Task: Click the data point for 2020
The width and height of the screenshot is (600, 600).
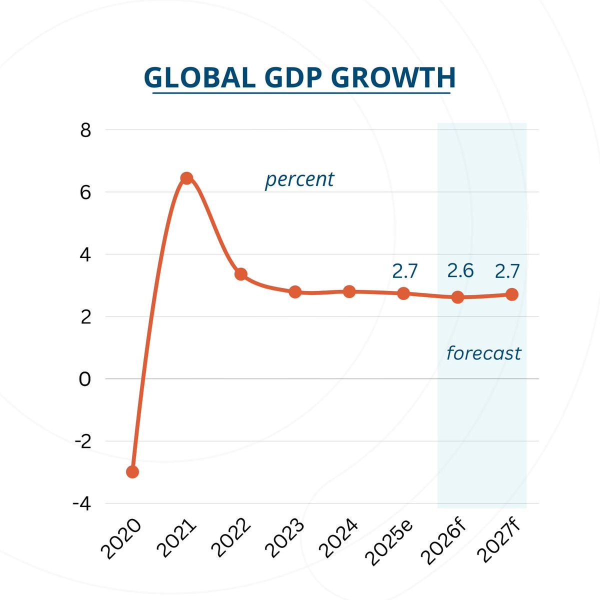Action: pos(132,472)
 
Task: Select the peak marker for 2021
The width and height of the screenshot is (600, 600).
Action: pos(186,178)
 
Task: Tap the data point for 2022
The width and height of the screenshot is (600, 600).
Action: pos(241,274)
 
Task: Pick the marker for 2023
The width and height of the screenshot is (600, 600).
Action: pos(295,292)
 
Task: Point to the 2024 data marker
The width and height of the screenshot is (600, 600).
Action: pos(349,291)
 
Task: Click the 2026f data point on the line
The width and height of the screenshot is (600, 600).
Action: pos(457,297)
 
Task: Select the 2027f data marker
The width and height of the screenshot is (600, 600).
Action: pos(512,294)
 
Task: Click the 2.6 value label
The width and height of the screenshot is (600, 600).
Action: pos(460,270)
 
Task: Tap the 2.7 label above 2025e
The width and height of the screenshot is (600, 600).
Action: pos(405,271)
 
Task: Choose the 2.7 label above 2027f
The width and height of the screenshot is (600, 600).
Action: pos(507,271)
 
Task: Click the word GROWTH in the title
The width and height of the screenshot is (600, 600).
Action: pos(393,77)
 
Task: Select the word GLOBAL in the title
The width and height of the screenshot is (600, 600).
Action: pos(200,77)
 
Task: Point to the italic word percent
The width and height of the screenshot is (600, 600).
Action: pos(299,180)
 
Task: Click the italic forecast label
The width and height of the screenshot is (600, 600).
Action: pos(484,353)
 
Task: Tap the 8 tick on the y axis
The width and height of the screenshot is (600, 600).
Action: pos(85,130)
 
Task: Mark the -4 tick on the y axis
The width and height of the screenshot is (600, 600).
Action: pos(82,504)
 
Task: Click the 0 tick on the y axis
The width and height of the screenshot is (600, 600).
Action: pos(85,379)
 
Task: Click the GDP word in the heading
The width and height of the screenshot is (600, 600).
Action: pos(293,77)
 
